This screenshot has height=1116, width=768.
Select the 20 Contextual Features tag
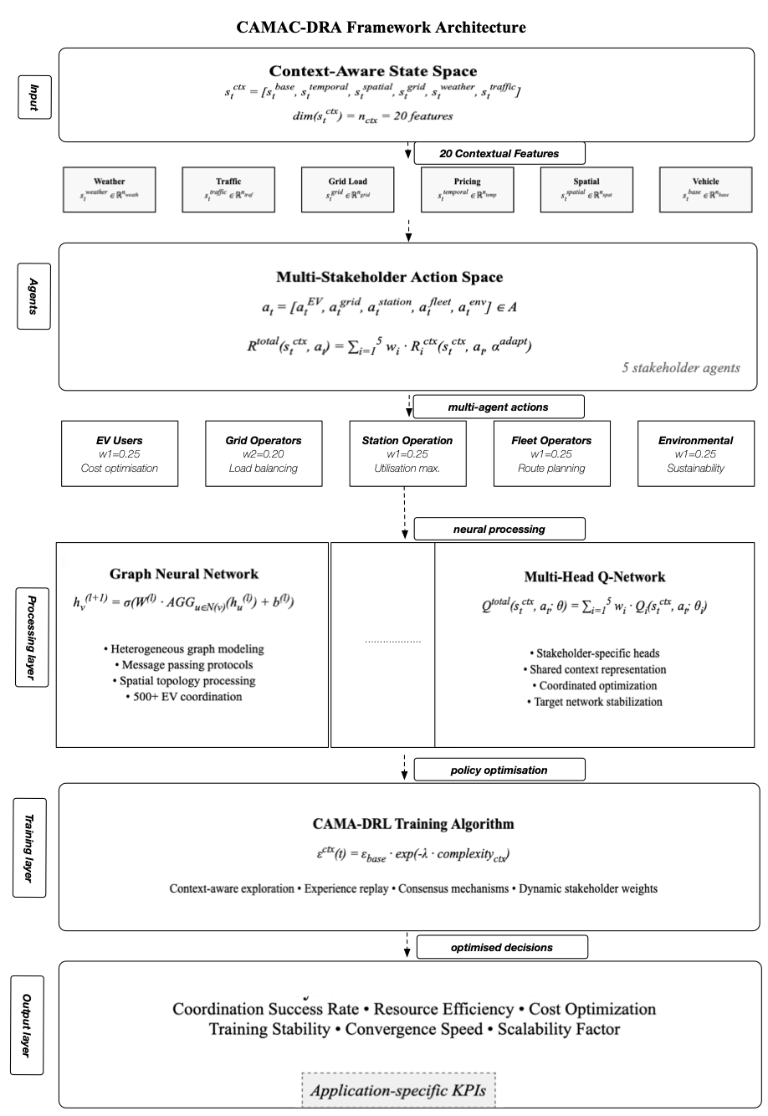point(499,153)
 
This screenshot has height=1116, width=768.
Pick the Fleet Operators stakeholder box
point(551,453)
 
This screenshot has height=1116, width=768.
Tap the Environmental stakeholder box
point(696,453)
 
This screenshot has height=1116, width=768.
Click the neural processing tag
point(499,529)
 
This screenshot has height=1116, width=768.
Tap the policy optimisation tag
point(499,769)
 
